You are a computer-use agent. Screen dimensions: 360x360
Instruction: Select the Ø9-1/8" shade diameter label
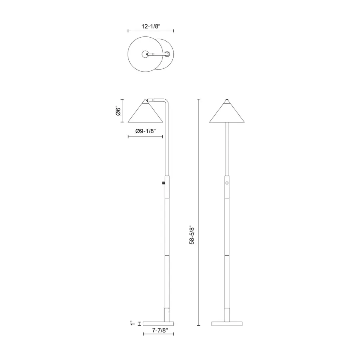(x=145, y=131)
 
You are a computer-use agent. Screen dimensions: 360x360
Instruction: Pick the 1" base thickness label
(x=132, y=323)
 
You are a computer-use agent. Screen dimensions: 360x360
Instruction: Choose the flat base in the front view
(x=227, y=323)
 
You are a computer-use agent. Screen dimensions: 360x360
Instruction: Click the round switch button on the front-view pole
(x=227, y=183)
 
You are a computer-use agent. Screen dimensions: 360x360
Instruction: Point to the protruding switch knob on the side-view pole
(x=163, y=183)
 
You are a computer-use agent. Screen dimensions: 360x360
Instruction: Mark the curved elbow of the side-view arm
(x=166, y=101)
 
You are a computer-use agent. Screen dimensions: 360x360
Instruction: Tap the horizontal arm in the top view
(x=159, y=54)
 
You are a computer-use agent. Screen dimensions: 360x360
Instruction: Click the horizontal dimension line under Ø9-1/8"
(x=145, y=137)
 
